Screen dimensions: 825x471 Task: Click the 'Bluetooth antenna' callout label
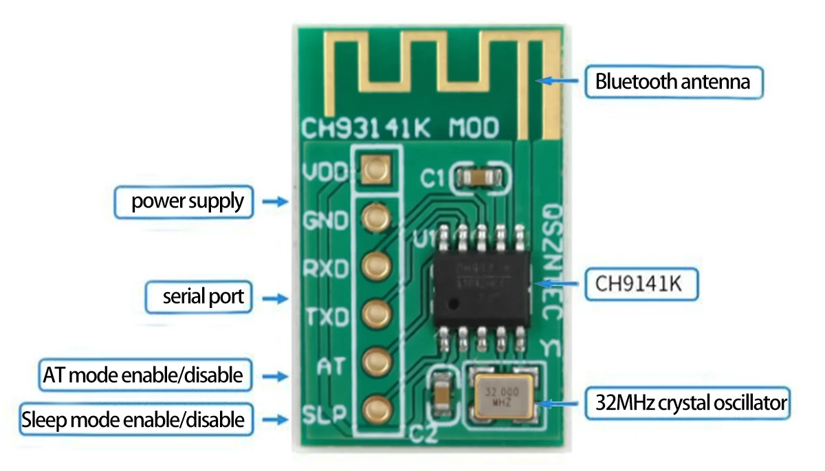[x=672, y=83]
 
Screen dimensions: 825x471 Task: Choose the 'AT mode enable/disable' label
[x=143, y=375]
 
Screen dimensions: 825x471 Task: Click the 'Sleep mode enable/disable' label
[x=133, y=419]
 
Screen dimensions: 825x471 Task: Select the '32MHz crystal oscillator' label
[x=685, y=403]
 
